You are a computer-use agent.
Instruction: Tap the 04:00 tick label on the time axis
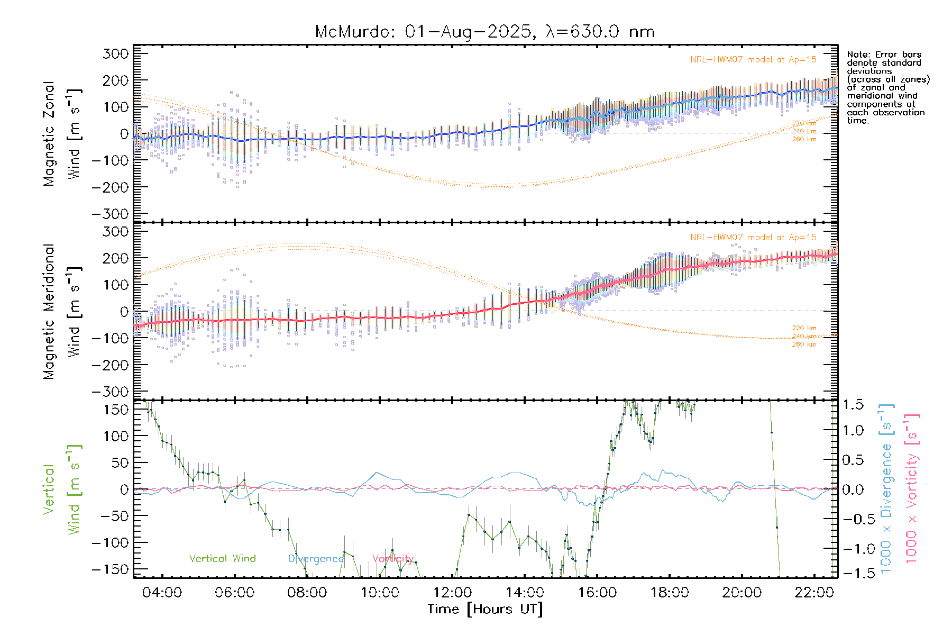tap(162, 593)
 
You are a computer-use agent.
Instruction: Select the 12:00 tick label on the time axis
tap(452, 593)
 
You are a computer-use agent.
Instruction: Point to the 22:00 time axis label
tap(814, 593)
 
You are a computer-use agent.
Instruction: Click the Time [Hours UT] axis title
tap(485, 609)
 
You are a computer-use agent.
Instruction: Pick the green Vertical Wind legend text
tap(222, 559)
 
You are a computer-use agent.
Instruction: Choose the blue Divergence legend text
tap(316, 559)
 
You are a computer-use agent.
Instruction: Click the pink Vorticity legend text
tap(392, 559)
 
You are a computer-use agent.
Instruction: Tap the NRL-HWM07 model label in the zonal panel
tap(753, 60)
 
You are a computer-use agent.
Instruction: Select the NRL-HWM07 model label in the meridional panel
tap(753, 238)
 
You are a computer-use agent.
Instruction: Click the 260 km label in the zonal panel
tap(804, 140)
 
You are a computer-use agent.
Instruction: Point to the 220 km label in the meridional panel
tap(804, 328)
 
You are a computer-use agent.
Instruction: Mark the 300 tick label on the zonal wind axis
tap(116, 53)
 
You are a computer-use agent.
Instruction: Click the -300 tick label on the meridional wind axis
tap(111, 392)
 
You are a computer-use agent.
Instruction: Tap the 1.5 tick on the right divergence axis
tap(853, 405)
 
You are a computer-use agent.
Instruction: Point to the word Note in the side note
tap(857, 55)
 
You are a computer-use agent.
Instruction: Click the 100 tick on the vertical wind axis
tap(116, 436)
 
